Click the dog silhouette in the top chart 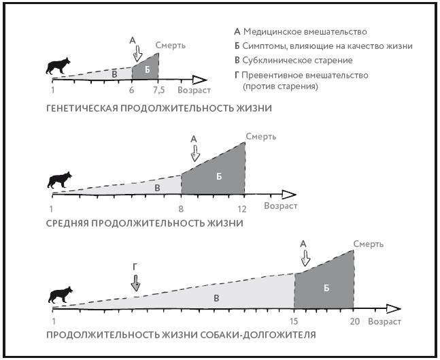pos(58,66)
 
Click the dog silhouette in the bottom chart pos(61,295)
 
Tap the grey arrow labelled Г pos(135,283)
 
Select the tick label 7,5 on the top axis pos(158,90)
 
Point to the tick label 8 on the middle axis pos(181,209)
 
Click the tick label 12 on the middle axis pos(241,209)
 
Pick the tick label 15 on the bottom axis pos(294,321)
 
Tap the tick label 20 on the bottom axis pos(355,321)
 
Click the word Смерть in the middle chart pos(261,137)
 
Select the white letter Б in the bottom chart pos(326,288)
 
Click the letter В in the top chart pos(114,74)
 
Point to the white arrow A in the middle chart pos(195,153)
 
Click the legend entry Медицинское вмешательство pos(305,32)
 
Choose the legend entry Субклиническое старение pos(297,61)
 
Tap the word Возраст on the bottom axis pos(384,321)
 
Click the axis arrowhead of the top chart pos(200,80)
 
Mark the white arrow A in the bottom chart pos(305,258)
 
